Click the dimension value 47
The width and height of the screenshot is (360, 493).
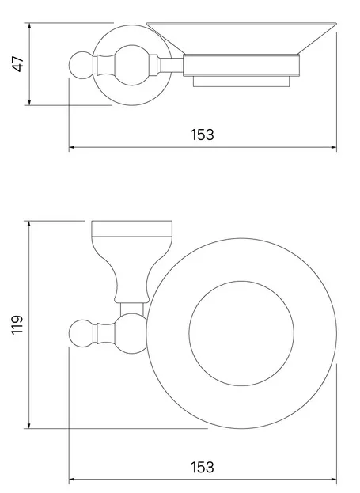(18, 64)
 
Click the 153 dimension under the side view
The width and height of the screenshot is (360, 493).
(203, 135)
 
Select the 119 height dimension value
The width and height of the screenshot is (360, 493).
(17, 324)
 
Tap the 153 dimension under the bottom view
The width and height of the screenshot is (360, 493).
(203, 467)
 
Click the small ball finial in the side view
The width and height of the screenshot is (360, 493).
(81, 65)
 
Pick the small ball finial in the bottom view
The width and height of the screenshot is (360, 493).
(81, 333)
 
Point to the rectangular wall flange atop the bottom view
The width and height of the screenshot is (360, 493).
(131, 228)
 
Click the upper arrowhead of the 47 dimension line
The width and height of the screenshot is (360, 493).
(29, 25)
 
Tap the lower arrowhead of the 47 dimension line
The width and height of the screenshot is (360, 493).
(29, 102)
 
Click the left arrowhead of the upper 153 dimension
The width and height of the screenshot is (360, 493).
(72, 147)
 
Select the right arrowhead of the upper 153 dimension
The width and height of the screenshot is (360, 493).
(333, 147)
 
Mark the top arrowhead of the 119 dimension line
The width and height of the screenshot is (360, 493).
(29, 224)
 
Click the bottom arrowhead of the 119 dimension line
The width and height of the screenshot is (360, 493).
(29, 425)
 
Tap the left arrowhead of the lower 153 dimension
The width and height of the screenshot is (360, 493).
(72, 480)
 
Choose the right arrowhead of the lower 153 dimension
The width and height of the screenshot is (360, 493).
(333, 480)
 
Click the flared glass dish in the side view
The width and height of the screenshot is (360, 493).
(241, 38)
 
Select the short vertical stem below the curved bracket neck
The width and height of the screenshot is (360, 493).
(132, 309)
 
